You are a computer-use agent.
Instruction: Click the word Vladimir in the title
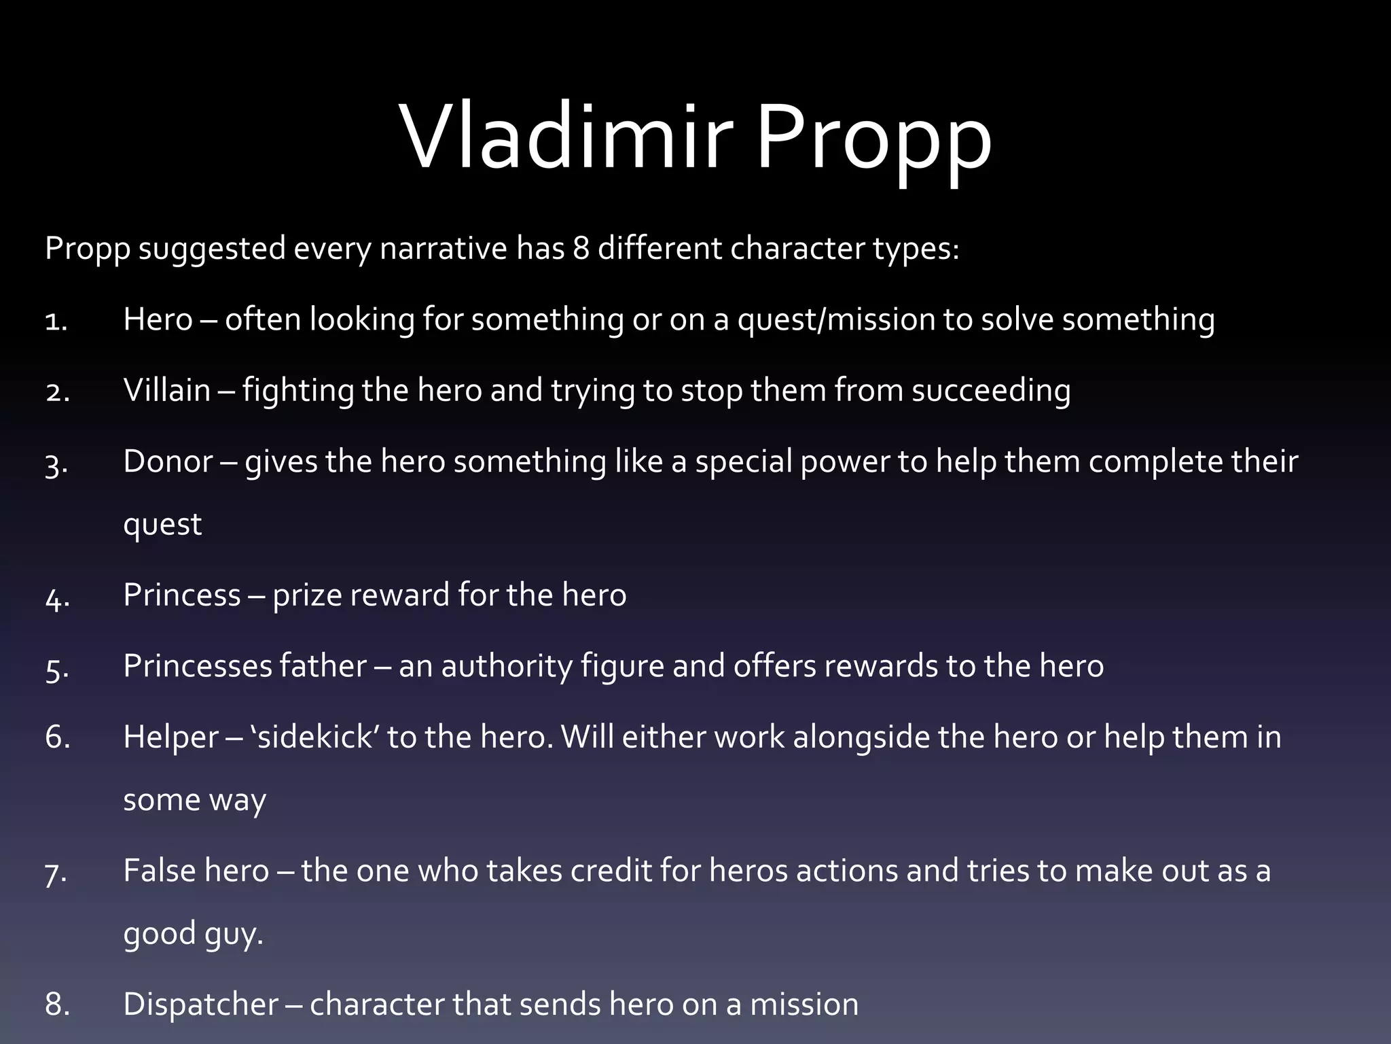[x=567, y=139]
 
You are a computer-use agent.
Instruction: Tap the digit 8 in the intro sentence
[x=581, y=248]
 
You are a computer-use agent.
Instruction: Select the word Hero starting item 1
[x=158, y=319]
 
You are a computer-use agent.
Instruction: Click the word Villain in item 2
[x=167, y=390]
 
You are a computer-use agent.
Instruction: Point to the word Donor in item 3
[x=168, y=462]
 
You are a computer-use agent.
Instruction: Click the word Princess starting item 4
[x=182, y=595]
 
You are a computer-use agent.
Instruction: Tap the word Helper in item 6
[x=171, y=737]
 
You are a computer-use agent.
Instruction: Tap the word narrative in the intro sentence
[x=443, y=248]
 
